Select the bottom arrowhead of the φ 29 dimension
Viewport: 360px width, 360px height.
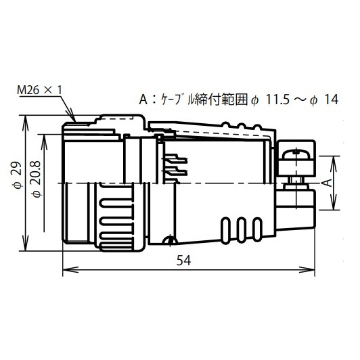tap(26, 245)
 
